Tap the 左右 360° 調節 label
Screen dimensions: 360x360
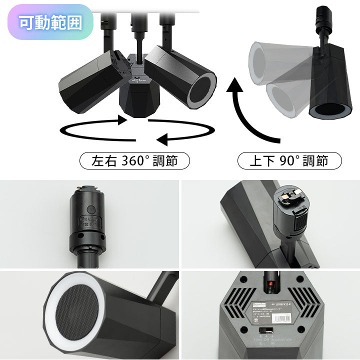click(x=134, y=161)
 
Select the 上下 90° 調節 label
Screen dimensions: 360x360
click(x=289, y=161)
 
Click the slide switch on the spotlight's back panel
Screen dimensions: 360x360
click(x=264, y=331)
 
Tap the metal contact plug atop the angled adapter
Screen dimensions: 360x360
click(x=291, y=196)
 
